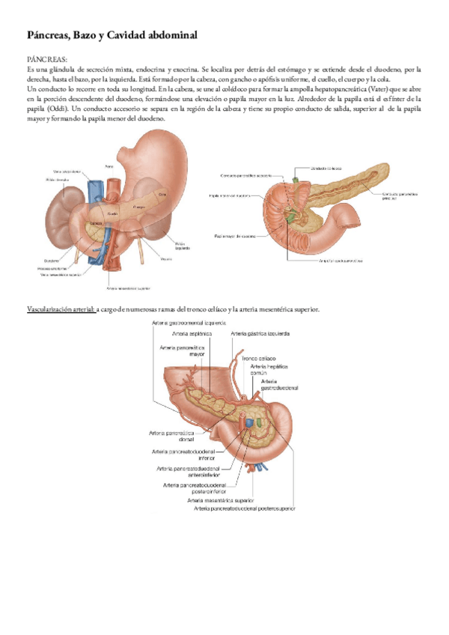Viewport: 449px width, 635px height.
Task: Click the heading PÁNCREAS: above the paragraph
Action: click(x=46, y=58)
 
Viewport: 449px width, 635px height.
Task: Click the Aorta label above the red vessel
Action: click(x=109, y=166)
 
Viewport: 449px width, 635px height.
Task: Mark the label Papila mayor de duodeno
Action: click(x=234, y=236)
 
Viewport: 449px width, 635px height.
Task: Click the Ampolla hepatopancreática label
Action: click(x=340, y=261)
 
